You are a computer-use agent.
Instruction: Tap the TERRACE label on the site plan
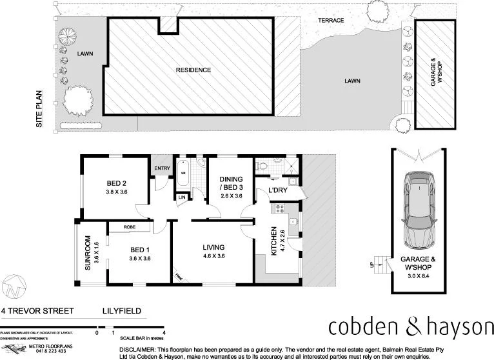331,21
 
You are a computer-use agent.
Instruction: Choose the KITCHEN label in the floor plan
273,240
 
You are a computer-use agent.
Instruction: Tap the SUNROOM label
88,254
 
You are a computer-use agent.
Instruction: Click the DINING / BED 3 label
230,183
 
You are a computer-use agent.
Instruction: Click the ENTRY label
161,169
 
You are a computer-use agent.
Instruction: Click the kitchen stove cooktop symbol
280,208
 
